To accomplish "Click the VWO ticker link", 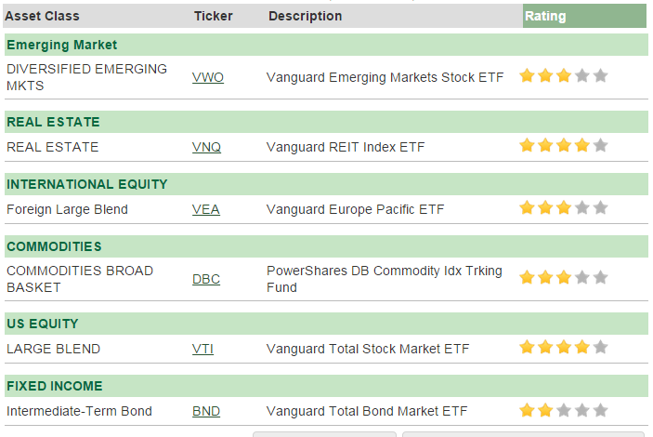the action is pos(208,77).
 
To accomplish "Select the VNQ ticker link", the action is pos(206,147).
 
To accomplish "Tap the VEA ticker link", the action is pos(205,209).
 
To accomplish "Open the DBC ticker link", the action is pos(206,279).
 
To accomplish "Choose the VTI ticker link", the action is pos(202,349).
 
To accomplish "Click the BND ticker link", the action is pos(206,411).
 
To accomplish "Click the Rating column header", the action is pos(545,16).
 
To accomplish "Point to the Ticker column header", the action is pos(214,16).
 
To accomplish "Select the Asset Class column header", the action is pos(42,16).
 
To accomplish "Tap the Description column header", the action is pos(306,16).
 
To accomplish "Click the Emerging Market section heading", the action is pos(62,45).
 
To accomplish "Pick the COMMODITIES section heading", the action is pos(54,246).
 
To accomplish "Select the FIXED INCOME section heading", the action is pos(55,386).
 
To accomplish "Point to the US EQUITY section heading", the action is pos(43,324).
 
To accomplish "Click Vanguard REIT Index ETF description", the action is pos(346,147).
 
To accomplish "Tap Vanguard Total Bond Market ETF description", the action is pos(367,411).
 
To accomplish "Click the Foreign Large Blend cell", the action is pos(67,209).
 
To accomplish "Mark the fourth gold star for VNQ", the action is pos(582,145).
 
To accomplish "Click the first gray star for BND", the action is pos(564,410).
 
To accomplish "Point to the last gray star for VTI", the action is pos(601,347).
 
